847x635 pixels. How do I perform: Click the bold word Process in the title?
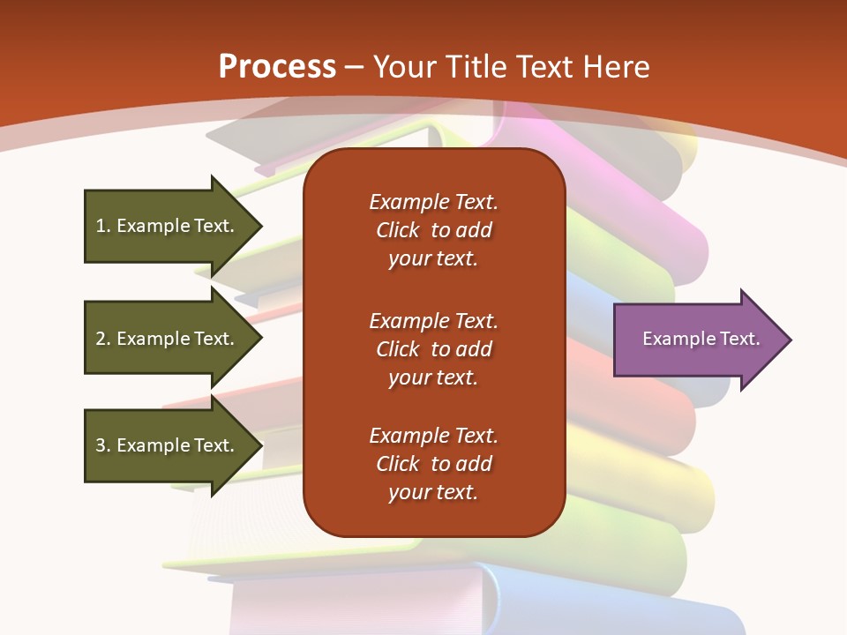(x=277, y=67)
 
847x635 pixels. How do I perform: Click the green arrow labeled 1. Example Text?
(x=168, y=226)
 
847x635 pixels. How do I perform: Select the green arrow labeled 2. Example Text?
(x=168, y=339)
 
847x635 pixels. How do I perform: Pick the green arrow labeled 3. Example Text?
(x=168, y=445)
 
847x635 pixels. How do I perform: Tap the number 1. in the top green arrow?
(x=103, y=226)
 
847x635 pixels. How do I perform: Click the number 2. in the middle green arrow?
(x=103, y=339)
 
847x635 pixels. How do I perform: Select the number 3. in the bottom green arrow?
(x=103, y=445)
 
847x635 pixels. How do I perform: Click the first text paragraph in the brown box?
(x=433, y=230)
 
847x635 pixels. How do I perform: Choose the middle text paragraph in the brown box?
(x=433, y=349)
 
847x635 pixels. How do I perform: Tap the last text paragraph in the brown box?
(x=433, y=464)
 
